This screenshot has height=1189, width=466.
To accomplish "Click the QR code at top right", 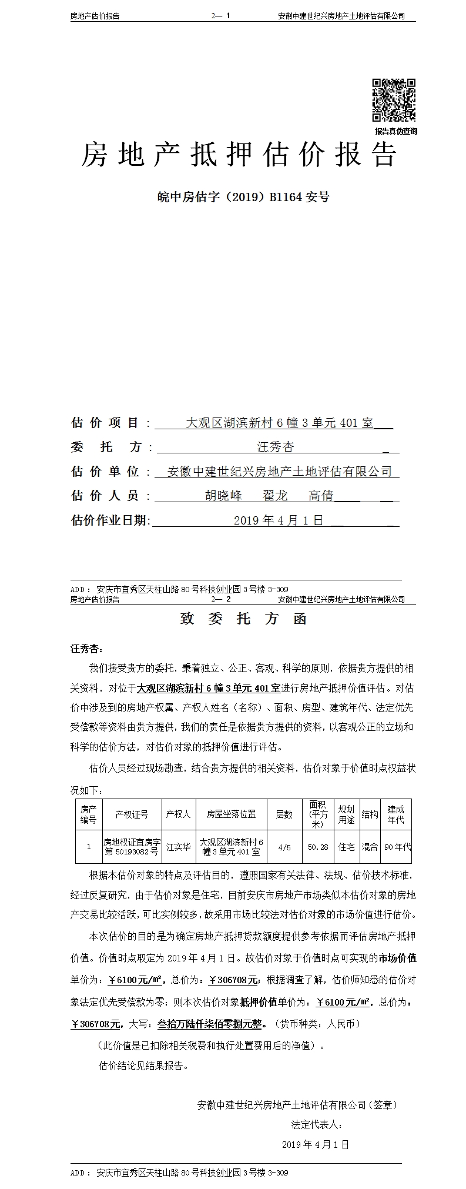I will tap(394, 101).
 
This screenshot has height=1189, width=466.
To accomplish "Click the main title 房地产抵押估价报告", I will tap(239, 155).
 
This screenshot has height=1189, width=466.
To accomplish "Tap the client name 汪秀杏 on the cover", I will tap(275, 447).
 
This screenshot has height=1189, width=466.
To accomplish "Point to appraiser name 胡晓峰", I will tap(223, 496).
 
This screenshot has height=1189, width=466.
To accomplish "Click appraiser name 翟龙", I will tap(274, 496).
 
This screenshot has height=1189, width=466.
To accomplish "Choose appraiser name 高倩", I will tap(321, 496).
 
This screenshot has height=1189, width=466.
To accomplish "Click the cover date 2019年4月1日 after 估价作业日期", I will tap(279, 520).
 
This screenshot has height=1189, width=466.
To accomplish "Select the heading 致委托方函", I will tap(243, 619).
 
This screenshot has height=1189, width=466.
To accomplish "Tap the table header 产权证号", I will tap(132, 814).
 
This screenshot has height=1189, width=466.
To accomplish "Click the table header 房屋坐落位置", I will tap(231, 814).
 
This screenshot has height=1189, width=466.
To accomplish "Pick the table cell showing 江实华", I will tap(178, 847).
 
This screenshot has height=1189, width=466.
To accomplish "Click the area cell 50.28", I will tap(318, 847).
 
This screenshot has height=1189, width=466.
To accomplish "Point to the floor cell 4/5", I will tap(284, 847).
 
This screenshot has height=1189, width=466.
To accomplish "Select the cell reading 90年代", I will tap(397, 847).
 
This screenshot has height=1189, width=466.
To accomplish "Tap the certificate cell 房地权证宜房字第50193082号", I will tap(132, 847).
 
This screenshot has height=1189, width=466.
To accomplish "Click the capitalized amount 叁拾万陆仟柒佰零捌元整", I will tap(209, 1024).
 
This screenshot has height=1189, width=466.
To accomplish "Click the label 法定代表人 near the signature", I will tap(316, 1124).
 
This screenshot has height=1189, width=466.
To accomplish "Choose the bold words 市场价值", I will tap(397, 958).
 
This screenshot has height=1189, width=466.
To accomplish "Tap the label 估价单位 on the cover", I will tap(105, 472).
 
